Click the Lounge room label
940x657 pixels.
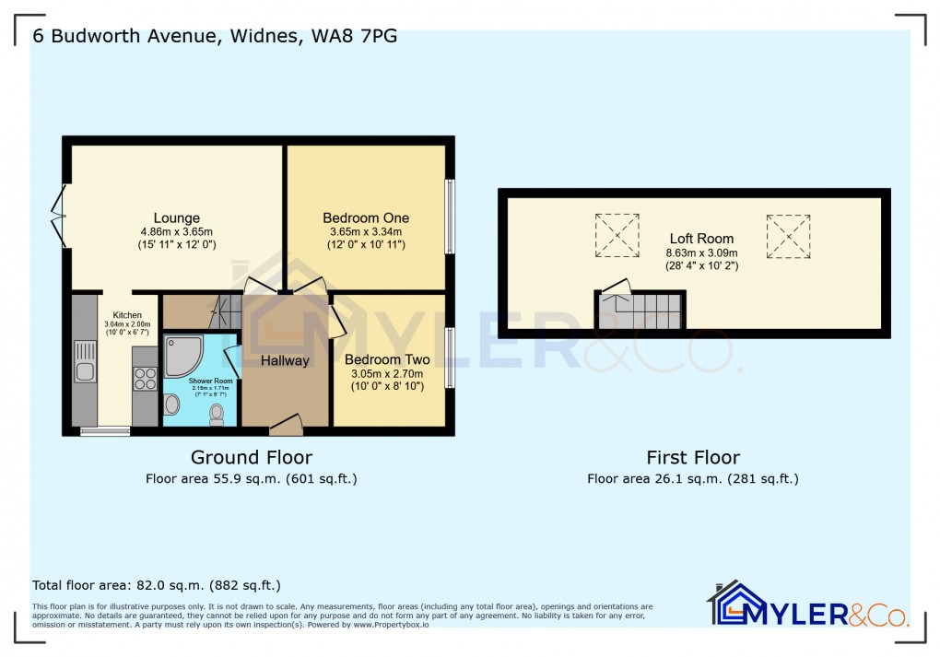pos(176,218)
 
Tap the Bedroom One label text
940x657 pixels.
pos(365,218)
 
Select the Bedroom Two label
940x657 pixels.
pos(387,359)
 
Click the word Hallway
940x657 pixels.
pos(285,360)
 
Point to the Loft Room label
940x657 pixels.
pos(701,239)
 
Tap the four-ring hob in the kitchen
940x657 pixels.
pos(146,378)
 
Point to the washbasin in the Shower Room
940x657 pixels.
pos(172,405)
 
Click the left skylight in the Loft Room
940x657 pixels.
pos(617,235)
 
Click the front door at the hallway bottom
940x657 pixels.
pos(287,426)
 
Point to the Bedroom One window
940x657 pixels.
pos(450,216)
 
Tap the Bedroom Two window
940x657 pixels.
pos(450,358)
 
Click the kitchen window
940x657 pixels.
pos(103,430)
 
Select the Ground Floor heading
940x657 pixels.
pos(251,457)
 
